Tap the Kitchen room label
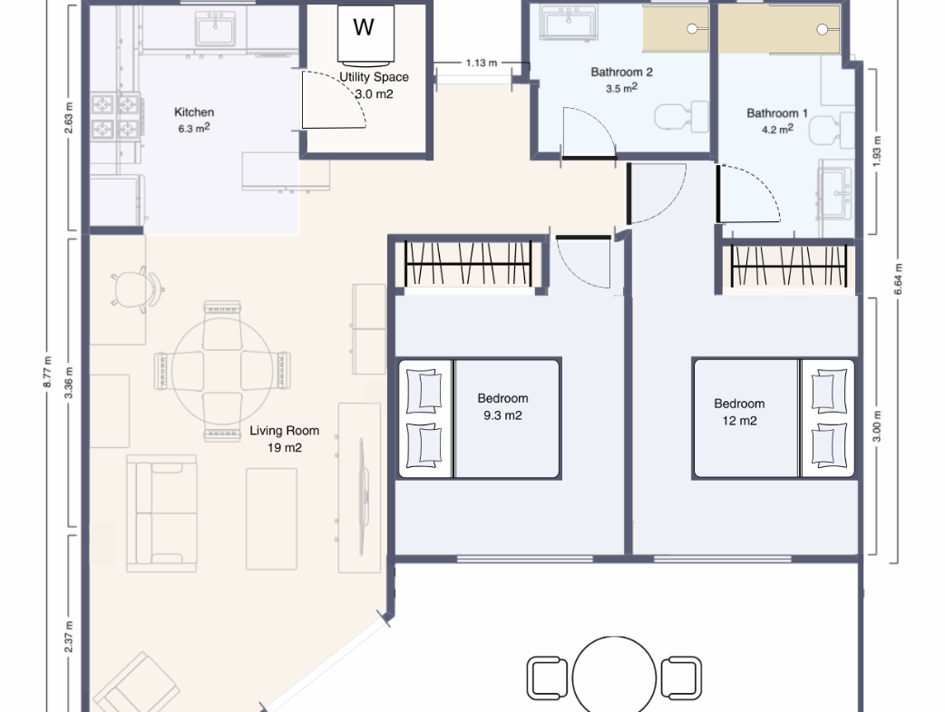[194, 112]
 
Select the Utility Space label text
[374, 77]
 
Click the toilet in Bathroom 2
[682, 116]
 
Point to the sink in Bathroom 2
[569, 23]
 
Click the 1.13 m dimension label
[482, 63]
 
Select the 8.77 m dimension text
[47, 372]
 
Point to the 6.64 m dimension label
[898, 279]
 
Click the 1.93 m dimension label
[877, 151]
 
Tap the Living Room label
[285, 431]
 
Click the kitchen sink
[215, 28]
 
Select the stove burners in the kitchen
[116, 116]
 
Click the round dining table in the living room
[222, 371]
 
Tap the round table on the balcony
[614, 675]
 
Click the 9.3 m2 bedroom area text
[502, 415]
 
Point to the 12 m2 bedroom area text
[739, 421]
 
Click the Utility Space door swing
[333, 100]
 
